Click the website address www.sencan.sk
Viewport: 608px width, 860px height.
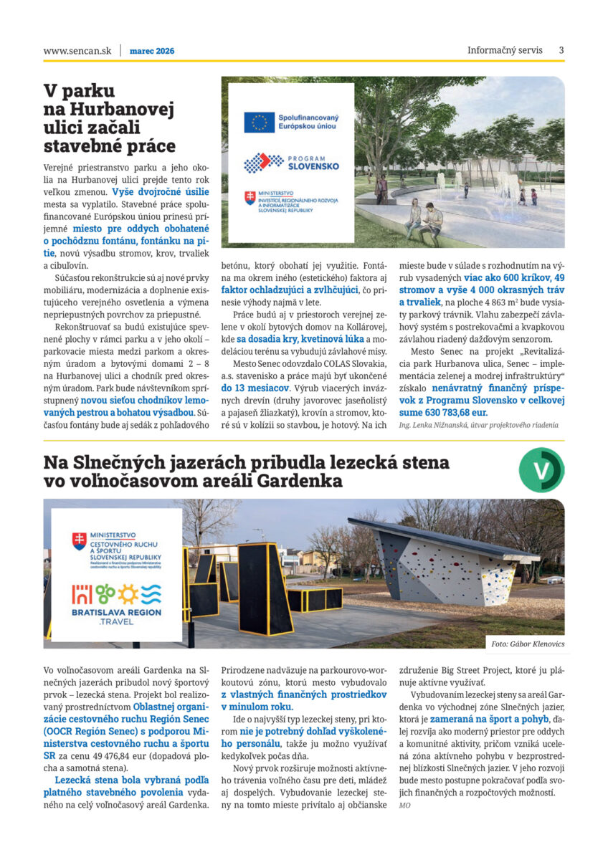click(77, 51)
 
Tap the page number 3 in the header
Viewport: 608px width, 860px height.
click(561, 50)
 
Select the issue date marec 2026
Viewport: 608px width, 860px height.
click(152, 51)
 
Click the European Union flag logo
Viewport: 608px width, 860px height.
click(259, 123)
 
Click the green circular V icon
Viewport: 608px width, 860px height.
click(541, 470)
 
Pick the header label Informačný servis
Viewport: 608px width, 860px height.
click(505, 50)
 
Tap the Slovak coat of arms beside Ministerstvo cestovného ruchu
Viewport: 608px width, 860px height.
click(79, 540)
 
